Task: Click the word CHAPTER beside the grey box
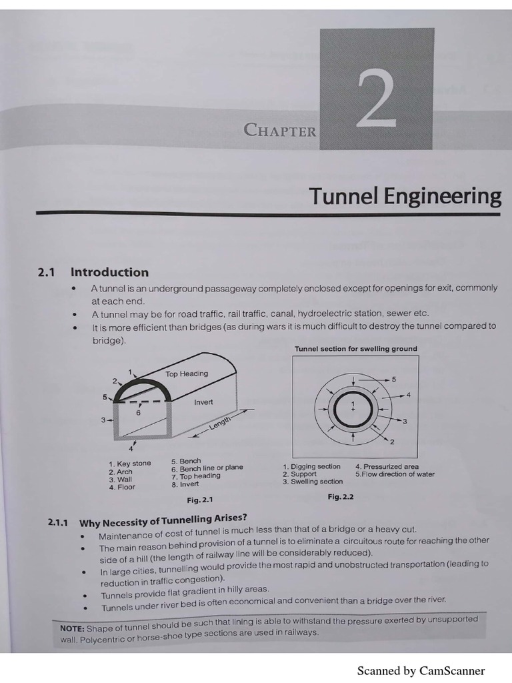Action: pos(281,130)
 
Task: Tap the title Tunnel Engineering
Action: pos(405,196)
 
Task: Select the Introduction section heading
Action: pos(110,273)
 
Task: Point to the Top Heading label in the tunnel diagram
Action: pos(187,374)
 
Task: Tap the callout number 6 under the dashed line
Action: pos(139,412)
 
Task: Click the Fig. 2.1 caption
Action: pos(200,500)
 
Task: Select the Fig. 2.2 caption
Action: pos(341,496)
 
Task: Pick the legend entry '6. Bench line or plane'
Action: pos(207,468)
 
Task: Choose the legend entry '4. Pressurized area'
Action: pos(387,466)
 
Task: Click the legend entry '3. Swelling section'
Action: pos(313,482)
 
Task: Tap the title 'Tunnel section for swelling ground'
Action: pos(356,349)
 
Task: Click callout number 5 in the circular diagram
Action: pos(393,380)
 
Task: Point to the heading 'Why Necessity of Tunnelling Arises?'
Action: pos(163,520)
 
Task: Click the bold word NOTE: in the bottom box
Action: pos(72,628)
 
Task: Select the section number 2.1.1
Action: pos(57,522)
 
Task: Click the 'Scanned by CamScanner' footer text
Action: pos(421,670)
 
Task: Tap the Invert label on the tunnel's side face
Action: pos(203,402)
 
